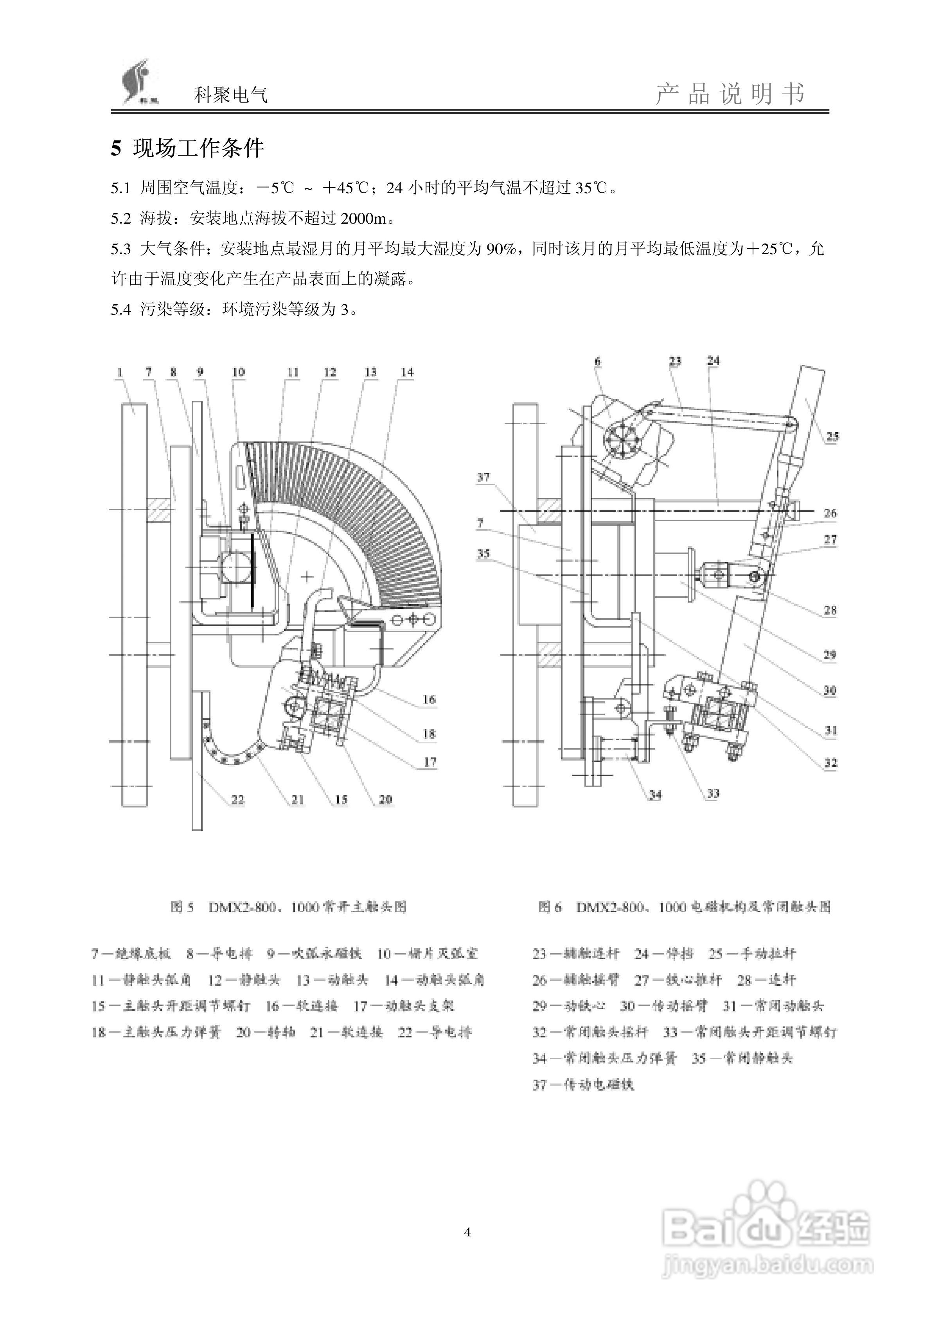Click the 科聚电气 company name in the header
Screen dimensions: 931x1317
(231, 95)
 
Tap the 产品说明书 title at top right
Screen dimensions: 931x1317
(730, 93)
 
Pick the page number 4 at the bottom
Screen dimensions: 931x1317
(467, 1231)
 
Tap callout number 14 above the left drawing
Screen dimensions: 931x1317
(407, 372)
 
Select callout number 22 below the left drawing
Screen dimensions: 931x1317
(237, 799)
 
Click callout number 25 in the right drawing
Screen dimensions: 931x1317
(832, 436)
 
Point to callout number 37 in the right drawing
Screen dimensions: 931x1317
(483, 477)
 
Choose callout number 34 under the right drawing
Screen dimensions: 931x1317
(655, 795)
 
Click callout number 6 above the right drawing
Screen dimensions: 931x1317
(597, 361)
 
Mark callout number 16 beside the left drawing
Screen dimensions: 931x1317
(429, 699)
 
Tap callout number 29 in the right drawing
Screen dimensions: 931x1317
(829, 655)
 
